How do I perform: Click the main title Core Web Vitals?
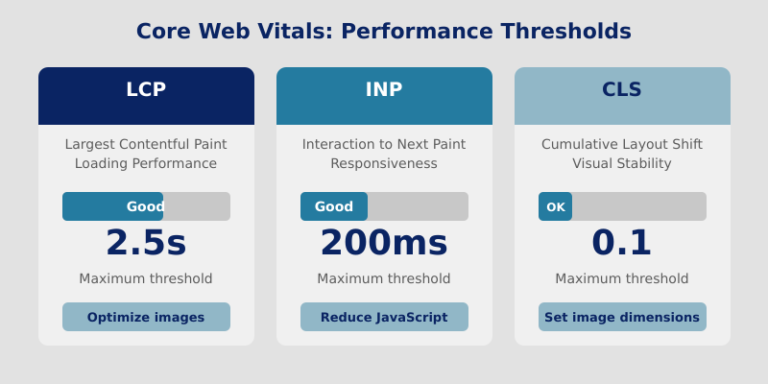(x=384, y=31)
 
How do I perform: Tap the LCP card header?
(x=146, y=95)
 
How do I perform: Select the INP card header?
(x=384, y=95)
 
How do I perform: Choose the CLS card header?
(x=622, y=95)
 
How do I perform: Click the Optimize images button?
(x=146, y=317)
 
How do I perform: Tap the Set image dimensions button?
(x=622, y=317)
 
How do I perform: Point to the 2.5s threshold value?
(x=146, y=243)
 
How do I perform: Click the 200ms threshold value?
(x=384, y=243)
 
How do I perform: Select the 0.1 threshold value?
(x=622, y=243)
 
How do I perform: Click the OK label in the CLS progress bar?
(x=556, y=206)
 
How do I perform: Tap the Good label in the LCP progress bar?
(x=146, y=206)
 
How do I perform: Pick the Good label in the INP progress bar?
(x=334, y=206)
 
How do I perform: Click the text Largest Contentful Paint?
(x=146, y=144)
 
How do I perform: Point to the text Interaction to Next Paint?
(x=384, y=144)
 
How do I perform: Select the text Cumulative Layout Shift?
(x=622, y=144)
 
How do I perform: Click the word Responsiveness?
(x=384, y=163)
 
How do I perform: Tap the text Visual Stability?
(x=622, y=163)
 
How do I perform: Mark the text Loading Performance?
(x=146, y=163)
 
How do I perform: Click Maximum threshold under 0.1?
(x=622, y=278)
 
